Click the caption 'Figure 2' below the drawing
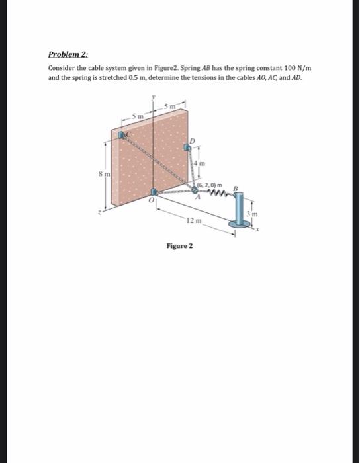coord(179,245)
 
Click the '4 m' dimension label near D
coord(204,163)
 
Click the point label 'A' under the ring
coord(197,196)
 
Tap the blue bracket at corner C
coord(122,135)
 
